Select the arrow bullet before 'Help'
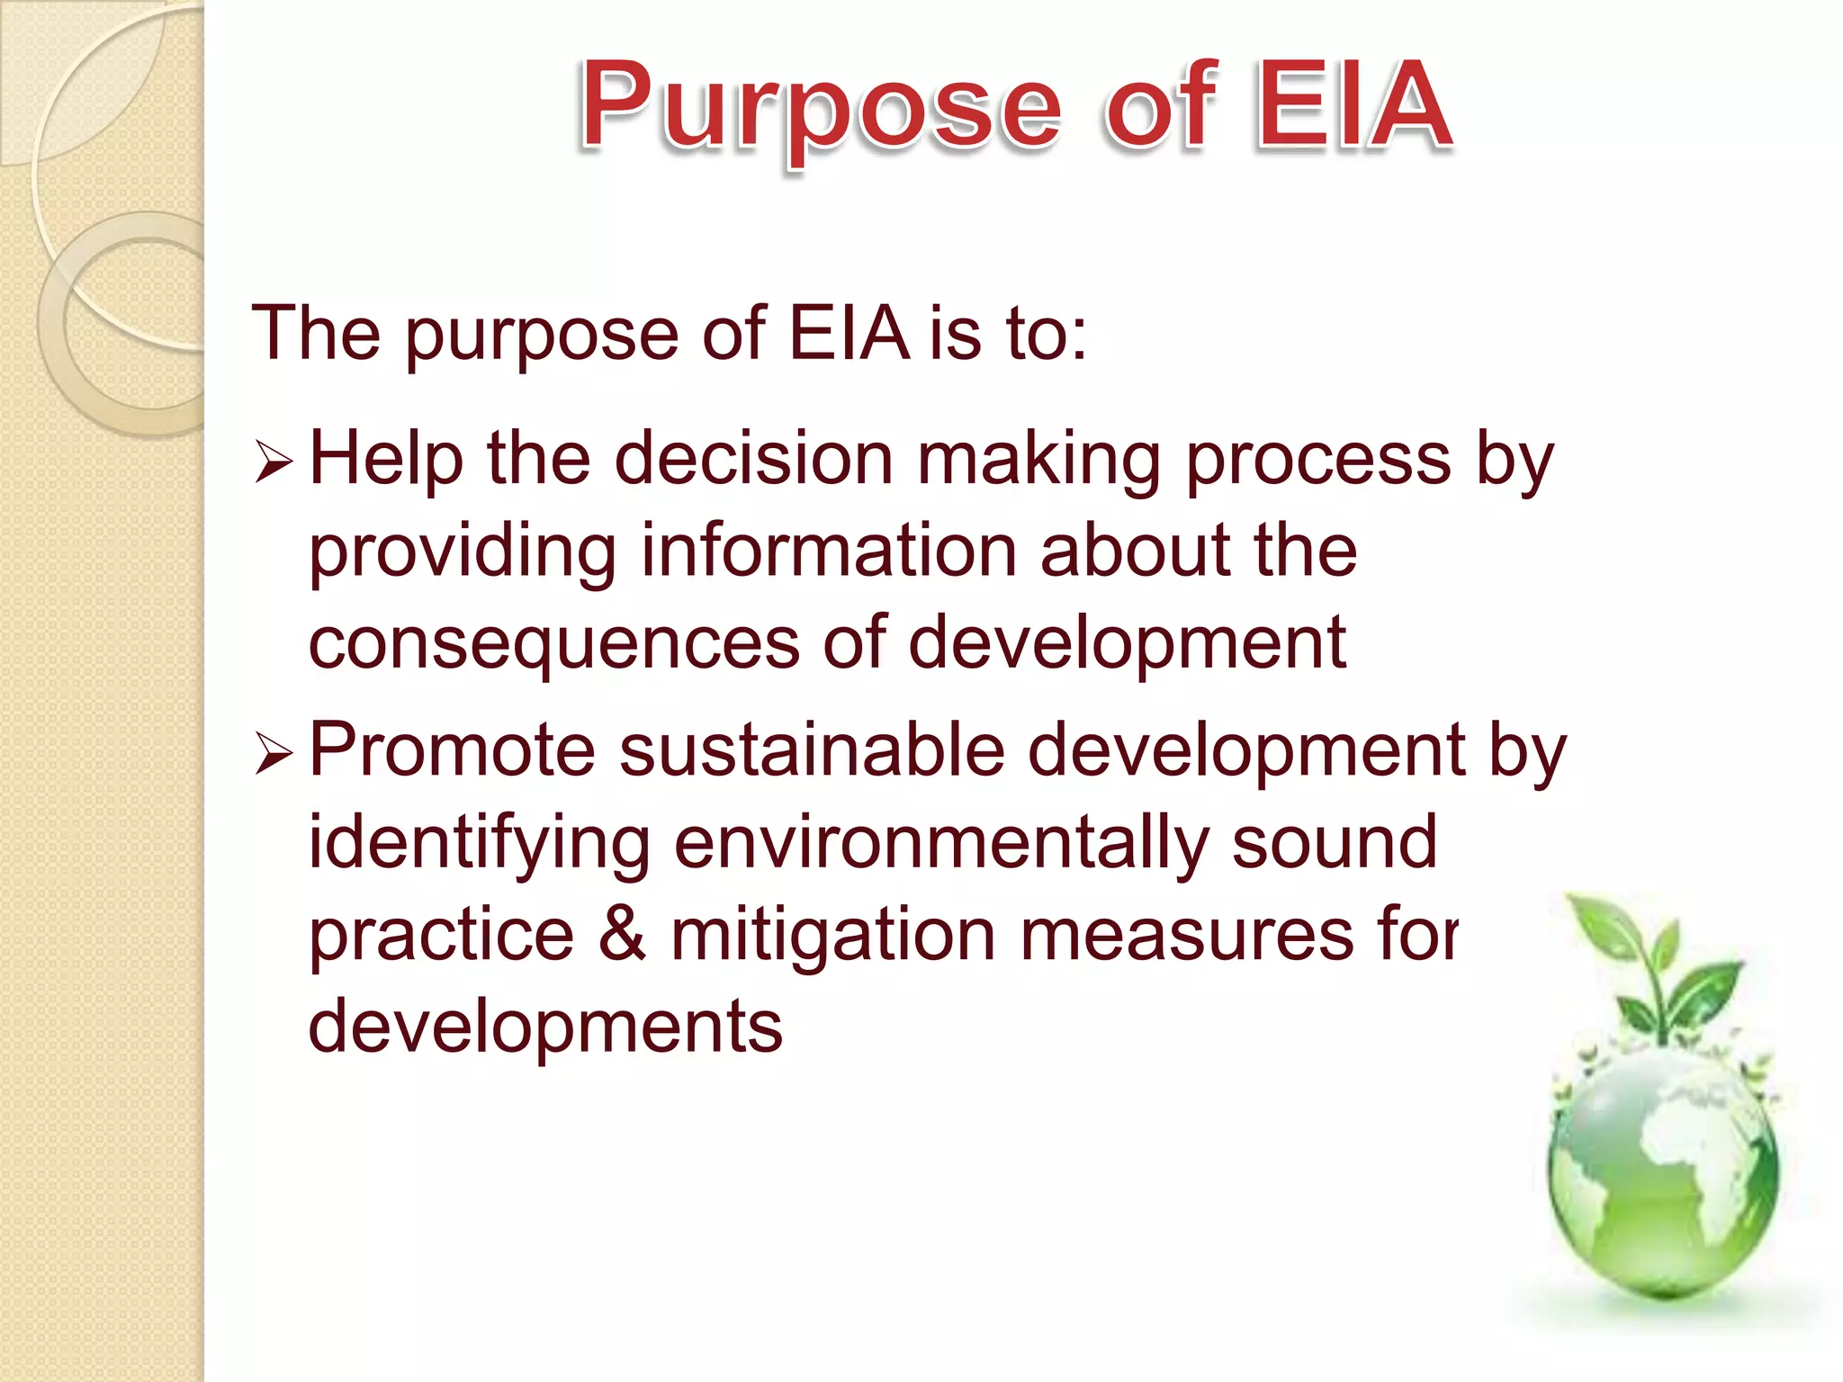pyautogui.click(x=274, y=462)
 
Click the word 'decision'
pyautogui.click(x=754, y=459)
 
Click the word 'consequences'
pyautogui.click(x=554, y=644)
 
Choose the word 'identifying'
pyautogui.click(x=479, y=846)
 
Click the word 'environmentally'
pyautogui.click(x=940, y=846)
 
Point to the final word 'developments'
pyautogui.click(x=545, y=1028)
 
